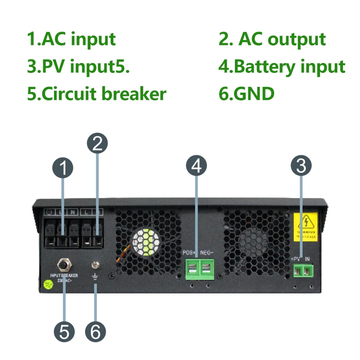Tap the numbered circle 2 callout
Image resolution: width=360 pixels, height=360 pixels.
click(x=98, y=144)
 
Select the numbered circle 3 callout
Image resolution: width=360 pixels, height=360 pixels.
click(x=301, y=165)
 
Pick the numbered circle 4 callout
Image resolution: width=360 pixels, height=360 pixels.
click(x=196, y=166)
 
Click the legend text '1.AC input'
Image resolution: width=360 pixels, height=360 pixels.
click(x=72, y=39)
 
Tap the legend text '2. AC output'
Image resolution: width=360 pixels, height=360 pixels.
click(x=272, y=39)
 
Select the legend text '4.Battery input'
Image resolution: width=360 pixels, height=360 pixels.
click(x=282, y=67)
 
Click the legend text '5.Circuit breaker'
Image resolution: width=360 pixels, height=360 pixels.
click(x=97, y=94)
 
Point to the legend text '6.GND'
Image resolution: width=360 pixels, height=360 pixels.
click(x=246, y=94)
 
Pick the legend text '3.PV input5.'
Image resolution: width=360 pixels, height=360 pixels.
click(x=79, y=67)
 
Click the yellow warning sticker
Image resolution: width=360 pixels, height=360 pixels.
click(x=306, y=225)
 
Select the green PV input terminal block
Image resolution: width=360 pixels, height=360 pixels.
click(x=302, y=270)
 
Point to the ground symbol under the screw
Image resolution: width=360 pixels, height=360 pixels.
click(x=95, y=276)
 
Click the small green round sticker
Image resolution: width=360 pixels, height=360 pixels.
click(x=47, y=284)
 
